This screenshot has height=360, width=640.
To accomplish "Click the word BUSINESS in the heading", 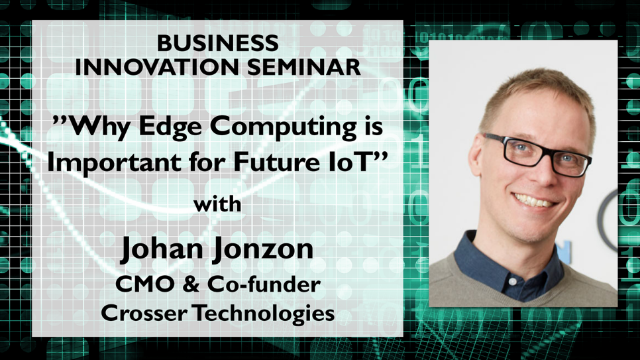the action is [x=217, y=43].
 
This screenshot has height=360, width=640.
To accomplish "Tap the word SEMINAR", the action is [x=304, y=67].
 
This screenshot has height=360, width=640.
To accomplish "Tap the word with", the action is [x=217, y=204].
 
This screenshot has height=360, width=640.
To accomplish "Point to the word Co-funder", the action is [x=264, y=284].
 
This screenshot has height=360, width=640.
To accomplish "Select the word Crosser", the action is [x=144, y=314].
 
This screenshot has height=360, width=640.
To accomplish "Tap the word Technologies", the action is [x=263, y=314].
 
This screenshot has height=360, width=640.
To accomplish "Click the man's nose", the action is [x=544, y=172].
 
